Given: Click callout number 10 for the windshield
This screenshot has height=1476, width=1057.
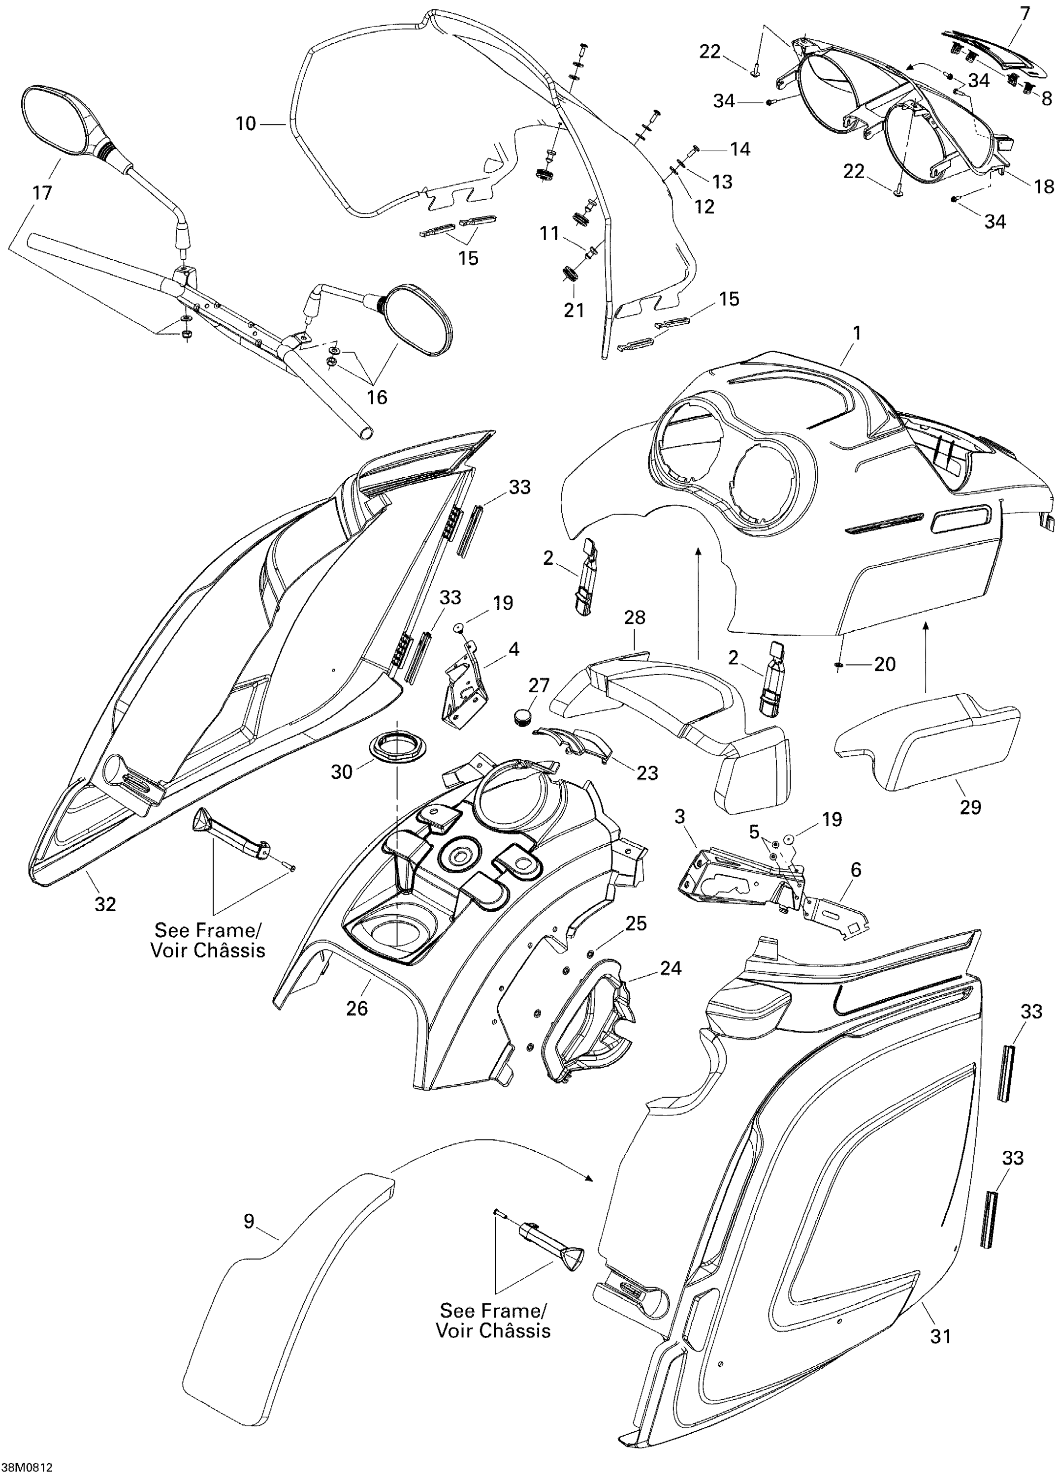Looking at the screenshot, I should click(x=245, y=123).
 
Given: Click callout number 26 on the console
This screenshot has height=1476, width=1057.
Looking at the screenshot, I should click(x=356, y=1008).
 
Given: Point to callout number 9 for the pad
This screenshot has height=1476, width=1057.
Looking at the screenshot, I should click(x=249, y=1222).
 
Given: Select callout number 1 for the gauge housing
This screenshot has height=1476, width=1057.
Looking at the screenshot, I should click(x=857, y=333).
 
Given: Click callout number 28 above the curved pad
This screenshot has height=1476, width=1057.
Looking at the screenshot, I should click(x=635, y=617).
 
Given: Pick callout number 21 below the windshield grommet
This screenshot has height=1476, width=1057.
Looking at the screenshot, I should click(x=574, y=310).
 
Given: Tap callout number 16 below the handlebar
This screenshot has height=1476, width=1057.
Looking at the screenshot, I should click(x=377, y=397).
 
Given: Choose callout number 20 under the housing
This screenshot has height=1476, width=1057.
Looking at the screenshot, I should click(x=885, y=664).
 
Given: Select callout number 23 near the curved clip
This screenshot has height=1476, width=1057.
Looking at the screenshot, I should click(x=647, y=773).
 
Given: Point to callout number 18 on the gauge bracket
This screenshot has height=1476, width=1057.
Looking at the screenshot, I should click(x=1044, y=186).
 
